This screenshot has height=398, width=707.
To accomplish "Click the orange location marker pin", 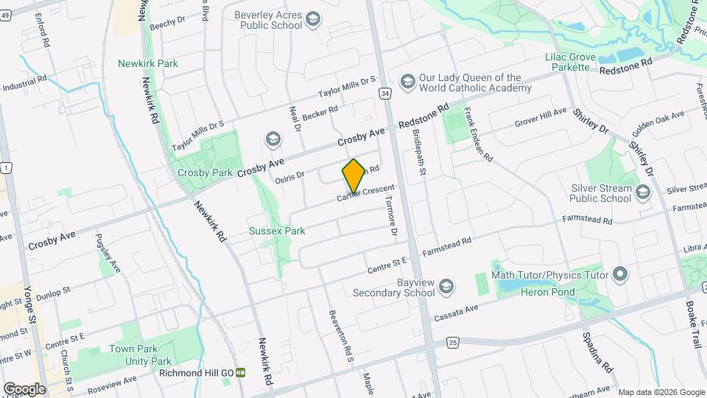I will [x=353, y=175].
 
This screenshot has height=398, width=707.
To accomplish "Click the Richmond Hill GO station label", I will [x=196, y=373].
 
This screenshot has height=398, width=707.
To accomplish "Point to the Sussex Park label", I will [x=277, y=231].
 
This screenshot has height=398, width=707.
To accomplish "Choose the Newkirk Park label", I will [x=148, y=63].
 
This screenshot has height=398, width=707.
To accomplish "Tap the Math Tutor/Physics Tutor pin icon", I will [x=620, y=275].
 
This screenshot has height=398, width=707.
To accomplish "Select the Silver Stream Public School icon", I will [x=643, y=192].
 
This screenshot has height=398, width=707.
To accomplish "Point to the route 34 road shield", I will [x=384, y=94].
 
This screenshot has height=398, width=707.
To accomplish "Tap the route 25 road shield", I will [x=453, y=342].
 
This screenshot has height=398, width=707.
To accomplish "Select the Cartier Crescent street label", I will [x=371, y=195].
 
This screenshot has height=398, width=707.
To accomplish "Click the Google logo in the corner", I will [x=24, y=388].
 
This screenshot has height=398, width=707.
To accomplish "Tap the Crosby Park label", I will [x=205, y=172].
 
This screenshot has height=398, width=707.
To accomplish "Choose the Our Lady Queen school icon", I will [x=406, y=80].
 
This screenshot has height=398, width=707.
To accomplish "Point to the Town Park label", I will [x=133, y=349].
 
